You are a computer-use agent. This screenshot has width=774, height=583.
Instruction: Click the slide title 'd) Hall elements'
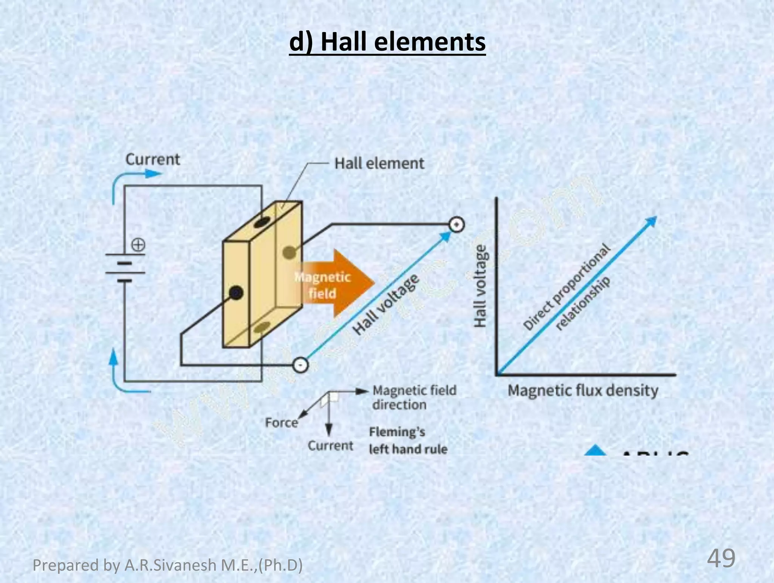pyautogui.click(x=387, y=42)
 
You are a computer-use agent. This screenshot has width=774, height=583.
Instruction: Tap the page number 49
pyautogui.click(x=721, y=558)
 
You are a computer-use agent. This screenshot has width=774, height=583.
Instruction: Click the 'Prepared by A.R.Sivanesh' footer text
pyautogui.click(x=167, y=565)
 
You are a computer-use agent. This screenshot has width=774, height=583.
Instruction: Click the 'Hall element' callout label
pyautogui.click(x=379, y=164)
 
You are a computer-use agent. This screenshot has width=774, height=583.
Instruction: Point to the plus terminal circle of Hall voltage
pyautogui.click(x=457, y=225)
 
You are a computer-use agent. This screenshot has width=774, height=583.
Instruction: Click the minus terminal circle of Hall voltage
pyautogui.click(x=300, y=365)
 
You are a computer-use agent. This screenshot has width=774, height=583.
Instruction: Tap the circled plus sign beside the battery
pyautogui.click(x=138, y=245)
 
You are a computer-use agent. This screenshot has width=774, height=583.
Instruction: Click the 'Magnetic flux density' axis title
pyautogui.click(x=583, y=390)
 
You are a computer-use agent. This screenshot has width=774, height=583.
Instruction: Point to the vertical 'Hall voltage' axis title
pyautogui.click(x=480, y=286)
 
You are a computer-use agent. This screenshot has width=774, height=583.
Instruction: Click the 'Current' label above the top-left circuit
pyautogui.click(x=153, y=159)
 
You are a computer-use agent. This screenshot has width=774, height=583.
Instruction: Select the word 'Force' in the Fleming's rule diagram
pyautogui.click(x=281, y=422)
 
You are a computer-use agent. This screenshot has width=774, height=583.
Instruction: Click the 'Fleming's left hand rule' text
pyautogui.click(x=408, y=441)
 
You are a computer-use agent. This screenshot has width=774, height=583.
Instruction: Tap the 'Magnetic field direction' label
pyautogui.click(x=414, y=397)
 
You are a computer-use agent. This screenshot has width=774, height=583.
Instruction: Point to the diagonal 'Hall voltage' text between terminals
pyautogui.click(x=386, y=305)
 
